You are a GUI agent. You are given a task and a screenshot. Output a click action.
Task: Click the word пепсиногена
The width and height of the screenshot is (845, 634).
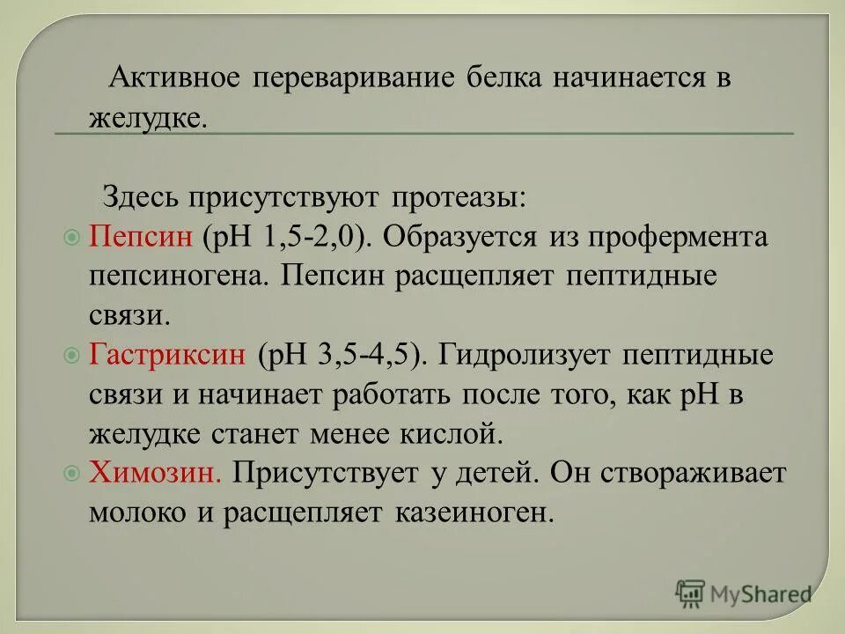[x=180, y=276]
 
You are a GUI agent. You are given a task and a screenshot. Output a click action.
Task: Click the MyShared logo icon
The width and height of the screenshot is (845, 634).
[x=691, y=593]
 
